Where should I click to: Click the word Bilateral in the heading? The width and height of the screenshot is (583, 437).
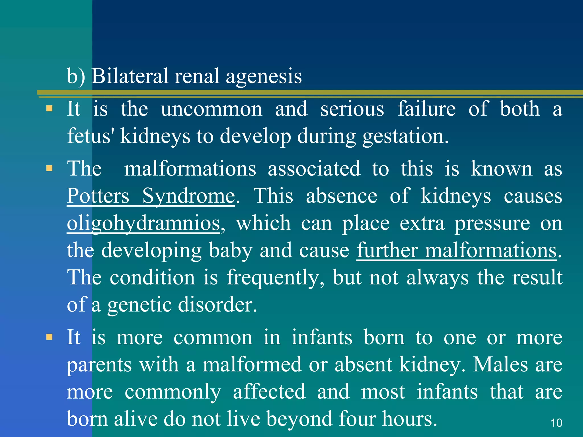130,76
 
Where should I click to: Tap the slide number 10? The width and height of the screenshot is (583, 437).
556,423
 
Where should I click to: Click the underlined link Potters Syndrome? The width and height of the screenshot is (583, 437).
151,196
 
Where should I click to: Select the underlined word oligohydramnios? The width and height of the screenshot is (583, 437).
143,223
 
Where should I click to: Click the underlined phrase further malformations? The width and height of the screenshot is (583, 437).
457,250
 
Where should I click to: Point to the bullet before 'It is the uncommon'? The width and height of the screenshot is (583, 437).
50,108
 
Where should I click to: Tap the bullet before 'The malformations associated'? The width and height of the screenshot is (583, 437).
50,168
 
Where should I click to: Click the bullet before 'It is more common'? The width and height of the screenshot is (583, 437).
50,337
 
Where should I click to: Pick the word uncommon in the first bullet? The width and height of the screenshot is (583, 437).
212,109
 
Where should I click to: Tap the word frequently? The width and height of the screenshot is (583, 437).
275,278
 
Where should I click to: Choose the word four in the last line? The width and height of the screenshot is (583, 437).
357,419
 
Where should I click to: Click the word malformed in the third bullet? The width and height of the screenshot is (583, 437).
252,364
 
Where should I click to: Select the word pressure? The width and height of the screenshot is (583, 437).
492,224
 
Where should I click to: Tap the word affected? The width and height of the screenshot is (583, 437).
269,391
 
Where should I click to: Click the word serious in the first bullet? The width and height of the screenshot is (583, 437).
352,109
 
